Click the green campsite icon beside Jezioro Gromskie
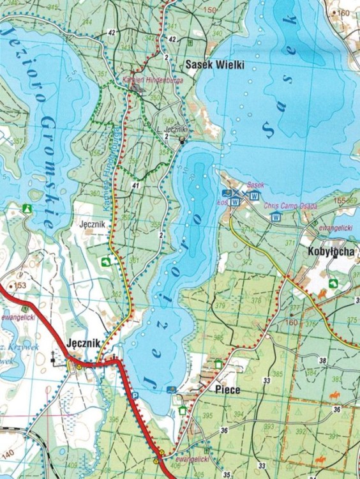27,208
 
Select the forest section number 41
134,185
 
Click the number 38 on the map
322,361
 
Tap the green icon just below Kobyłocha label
333,283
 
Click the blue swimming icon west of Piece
170,389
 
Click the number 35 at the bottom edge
227,474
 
